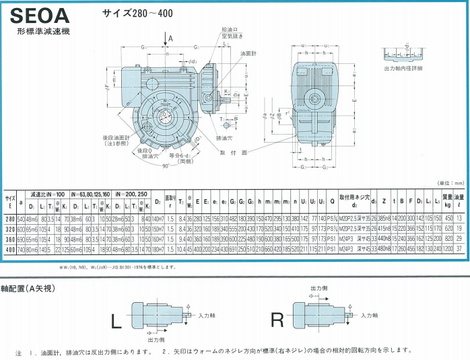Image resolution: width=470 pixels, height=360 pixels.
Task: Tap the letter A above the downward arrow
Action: point(171,39)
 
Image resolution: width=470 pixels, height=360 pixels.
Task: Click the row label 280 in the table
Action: point(10,219)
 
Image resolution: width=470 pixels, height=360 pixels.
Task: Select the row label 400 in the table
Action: point(10,249)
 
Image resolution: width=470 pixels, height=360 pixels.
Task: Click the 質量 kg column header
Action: point(448,201)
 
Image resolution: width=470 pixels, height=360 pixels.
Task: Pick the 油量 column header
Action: point(460,201)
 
